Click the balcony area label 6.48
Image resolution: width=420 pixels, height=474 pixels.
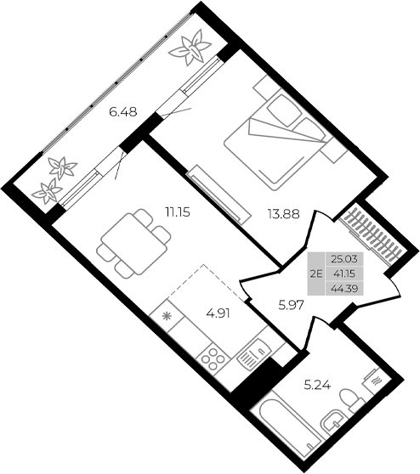(x=122, y=110)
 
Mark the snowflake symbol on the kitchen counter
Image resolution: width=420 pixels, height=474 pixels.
(x=167, y=317)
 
